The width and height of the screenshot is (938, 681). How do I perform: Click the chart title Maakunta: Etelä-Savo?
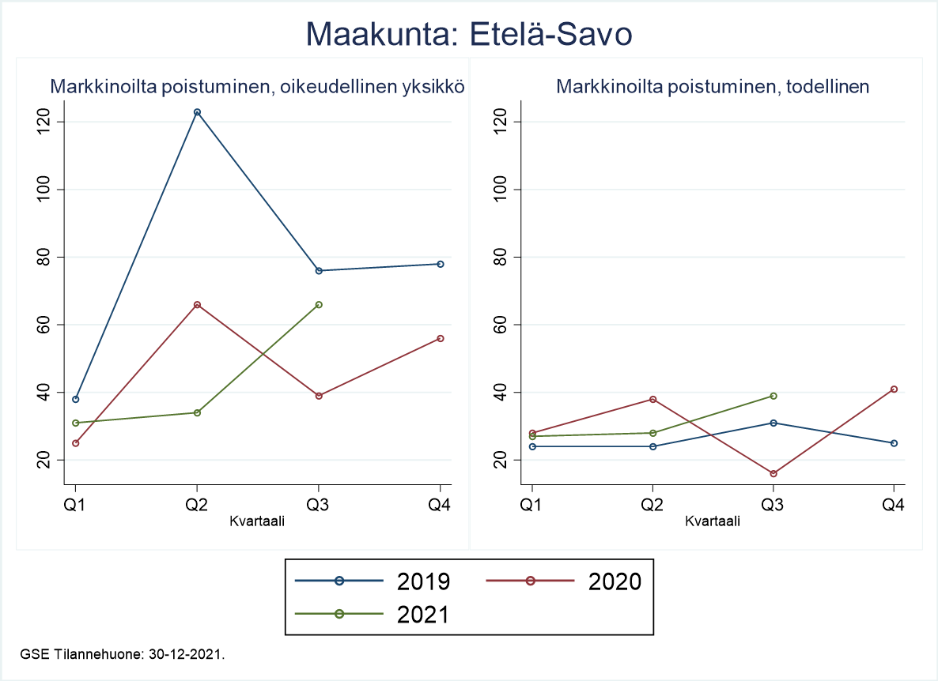point(469,35)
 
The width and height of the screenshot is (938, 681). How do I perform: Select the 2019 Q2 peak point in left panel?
point(197,112)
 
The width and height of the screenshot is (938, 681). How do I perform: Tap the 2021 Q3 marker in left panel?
point(319,304)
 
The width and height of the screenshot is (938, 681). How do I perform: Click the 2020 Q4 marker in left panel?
point(441,338)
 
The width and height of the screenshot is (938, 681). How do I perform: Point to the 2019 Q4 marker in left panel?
point(441,264)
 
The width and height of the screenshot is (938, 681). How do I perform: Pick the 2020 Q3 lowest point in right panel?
point(773,473)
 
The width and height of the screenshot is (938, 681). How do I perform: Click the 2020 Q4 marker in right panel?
point(894,389)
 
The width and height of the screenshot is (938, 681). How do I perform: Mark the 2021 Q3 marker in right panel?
point(773,396)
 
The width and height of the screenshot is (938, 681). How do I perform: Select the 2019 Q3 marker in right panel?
point(773,423)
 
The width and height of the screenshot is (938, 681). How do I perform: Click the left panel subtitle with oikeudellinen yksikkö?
point(257,86)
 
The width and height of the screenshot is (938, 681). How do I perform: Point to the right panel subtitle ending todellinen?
point(713,86)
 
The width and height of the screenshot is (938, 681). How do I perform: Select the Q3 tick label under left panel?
point(319,506)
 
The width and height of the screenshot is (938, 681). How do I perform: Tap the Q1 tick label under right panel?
point(531,506)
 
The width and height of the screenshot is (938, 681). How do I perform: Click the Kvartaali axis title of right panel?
point(713,521)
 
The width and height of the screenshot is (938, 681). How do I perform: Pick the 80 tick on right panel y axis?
point(497,258)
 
